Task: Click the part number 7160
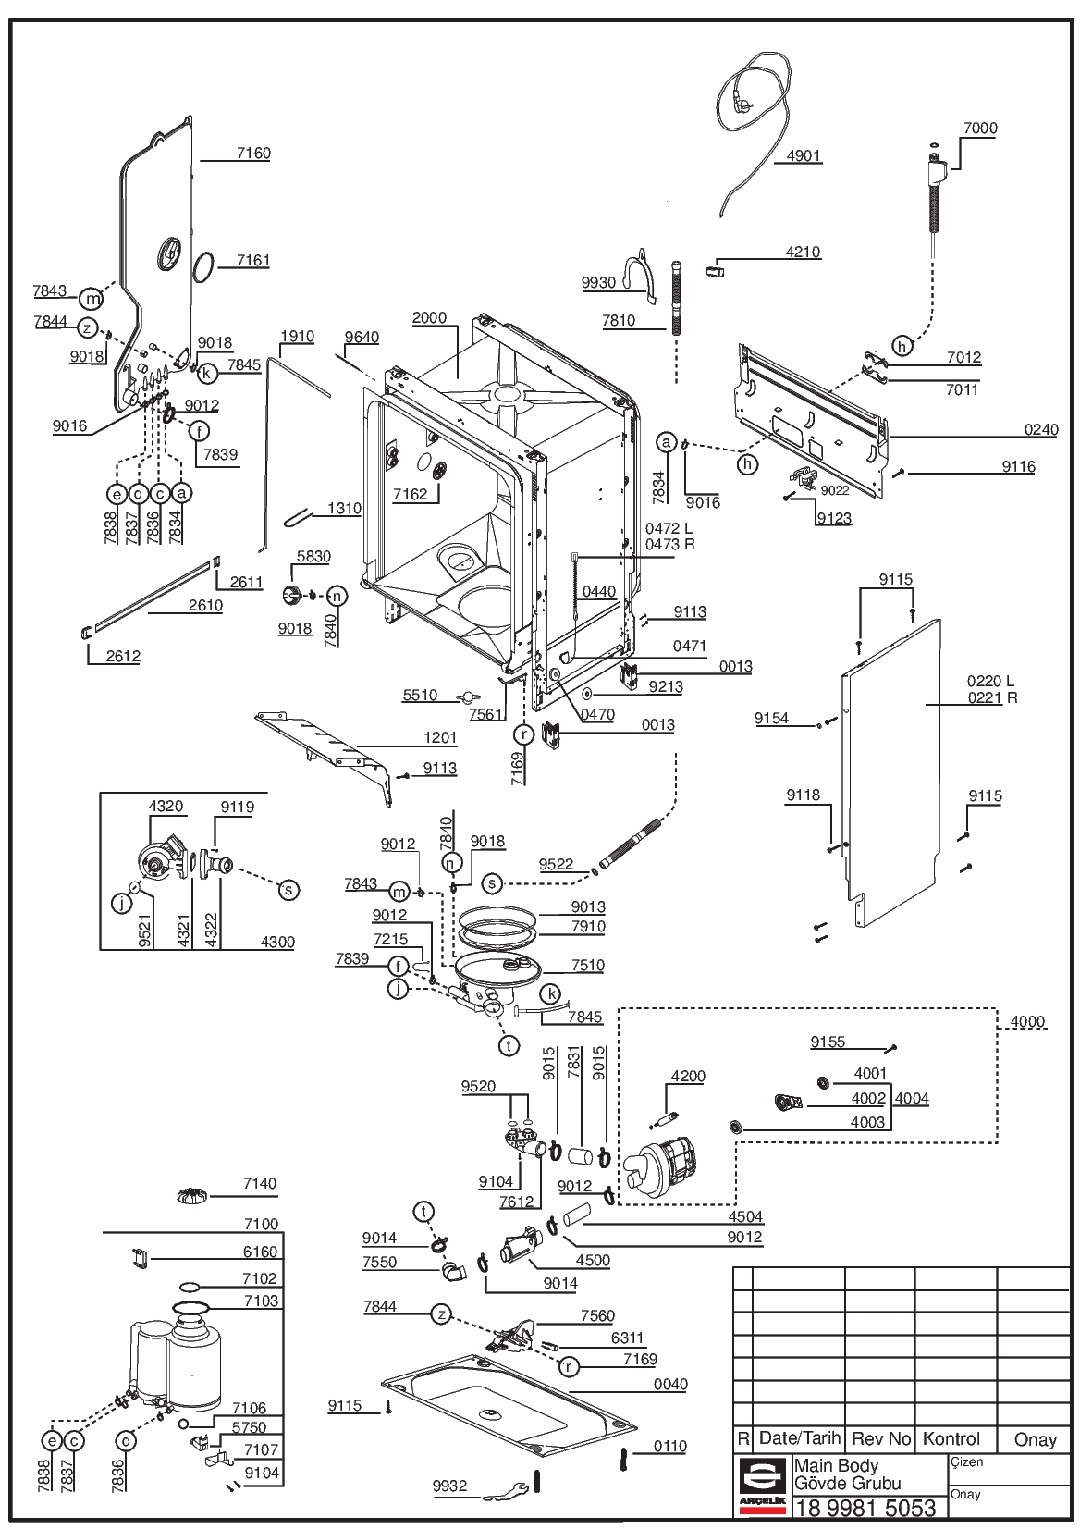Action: coord(253,153)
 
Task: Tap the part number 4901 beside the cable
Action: coord(803,155)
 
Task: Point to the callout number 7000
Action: coord(980,128)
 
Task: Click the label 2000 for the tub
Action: coord(429,317)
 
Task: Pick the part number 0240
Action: coord(1041,429)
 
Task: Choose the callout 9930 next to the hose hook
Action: coord(598,283)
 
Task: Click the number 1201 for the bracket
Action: coord(440,737)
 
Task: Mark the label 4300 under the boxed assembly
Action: coord(277,942)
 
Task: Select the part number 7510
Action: coord(587,965)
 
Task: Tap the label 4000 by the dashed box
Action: coord(1027,1022)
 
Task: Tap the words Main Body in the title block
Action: coord(836,1465)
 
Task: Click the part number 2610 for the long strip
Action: coord(205,605)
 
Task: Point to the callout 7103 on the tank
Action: coord(262,1301)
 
